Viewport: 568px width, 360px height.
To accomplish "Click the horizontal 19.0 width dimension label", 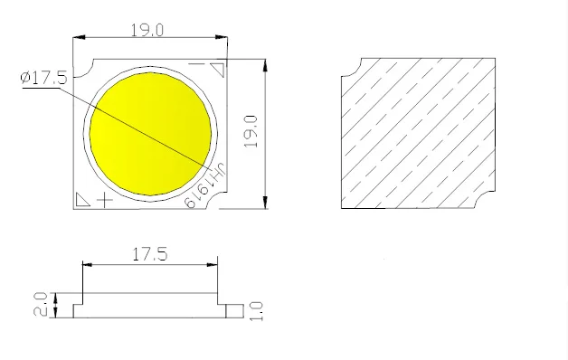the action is [147, 30].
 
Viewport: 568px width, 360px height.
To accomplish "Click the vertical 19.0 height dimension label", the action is [251, 131].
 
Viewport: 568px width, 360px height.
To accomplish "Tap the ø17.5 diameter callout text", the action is [43, 78].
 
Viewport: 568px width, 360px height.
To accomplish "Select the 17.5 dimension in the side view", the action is [149, 254].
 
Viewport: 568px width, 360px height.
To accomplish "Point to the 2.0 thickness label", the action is [40, 304].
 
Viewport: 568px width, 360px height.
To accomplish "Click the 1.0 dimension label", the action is [256, 311].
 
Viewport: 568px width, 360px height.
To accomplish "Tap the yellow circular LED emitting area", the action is [150, 134].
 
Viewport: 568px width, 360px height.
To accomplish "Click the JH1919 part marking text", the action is [205, 185].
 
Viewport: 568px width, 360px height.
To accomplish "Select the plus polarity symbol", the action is [105, 200].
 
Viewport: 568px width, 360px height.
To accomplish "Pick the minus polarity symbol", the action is [196, 64].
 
